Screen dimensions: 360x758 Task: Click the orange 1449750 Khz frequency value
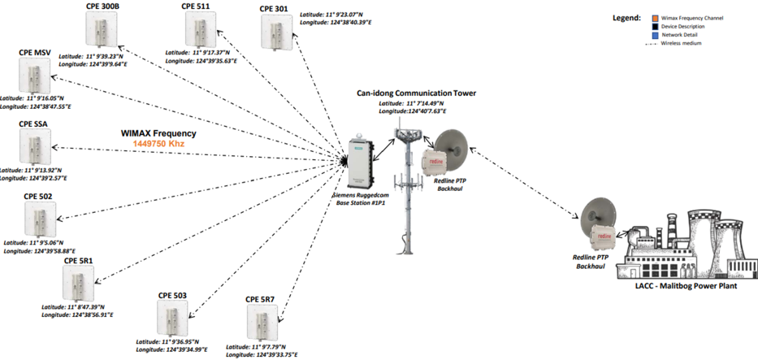coord(160,144)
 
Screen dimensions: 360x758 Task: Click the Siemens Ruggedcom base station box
coord(358,160)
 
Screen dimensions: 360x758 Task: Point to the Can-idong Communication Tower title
coord(416,93)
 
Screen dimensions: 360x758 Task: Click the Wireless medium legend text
coord(681,43)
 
